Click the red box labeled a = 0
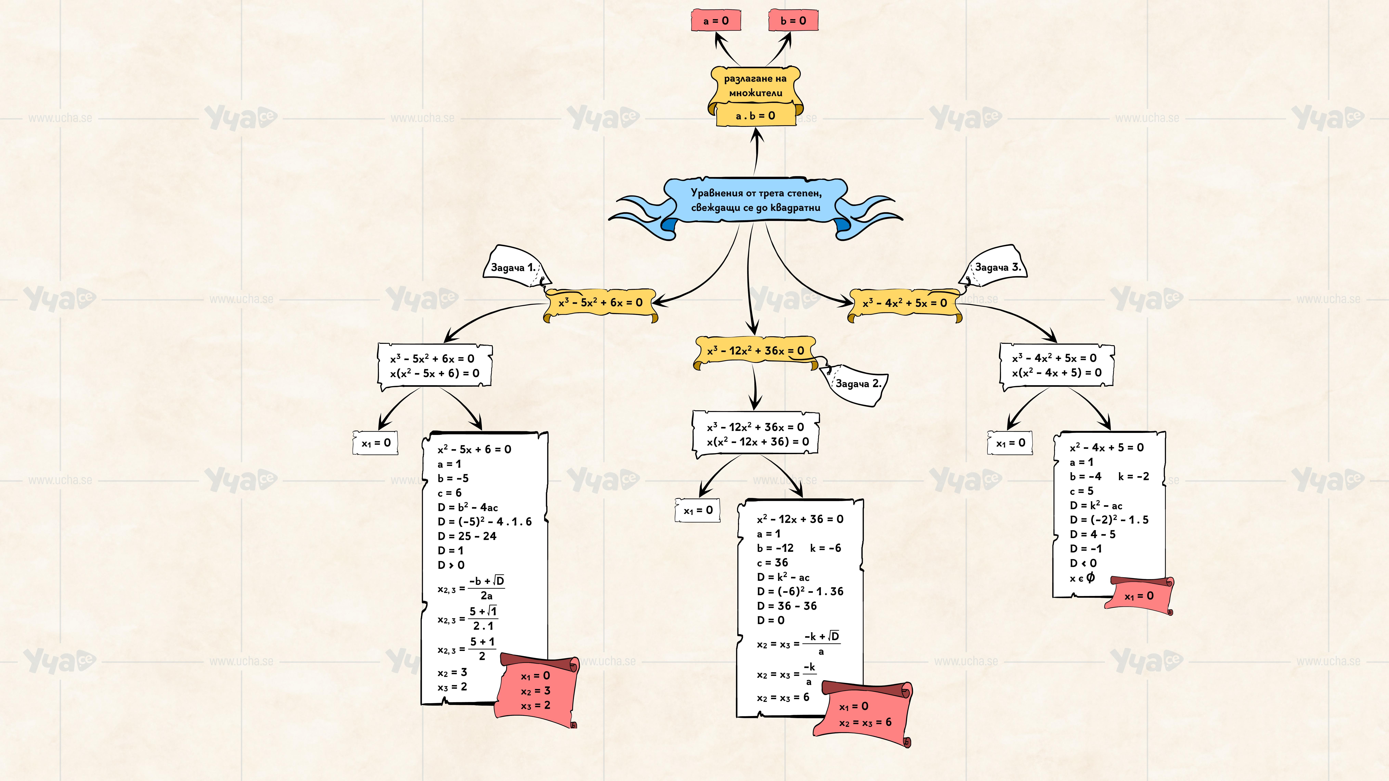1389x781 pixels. click(716, 21)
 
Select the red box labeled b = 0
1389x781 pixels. click(793, 21)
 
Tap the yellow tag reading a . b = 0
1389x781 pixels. click(755, 115)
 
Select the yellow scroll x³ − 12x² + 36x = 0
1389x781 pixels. click(755, 351)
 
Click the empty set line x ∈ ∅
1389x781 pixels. click(1082, 578)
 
